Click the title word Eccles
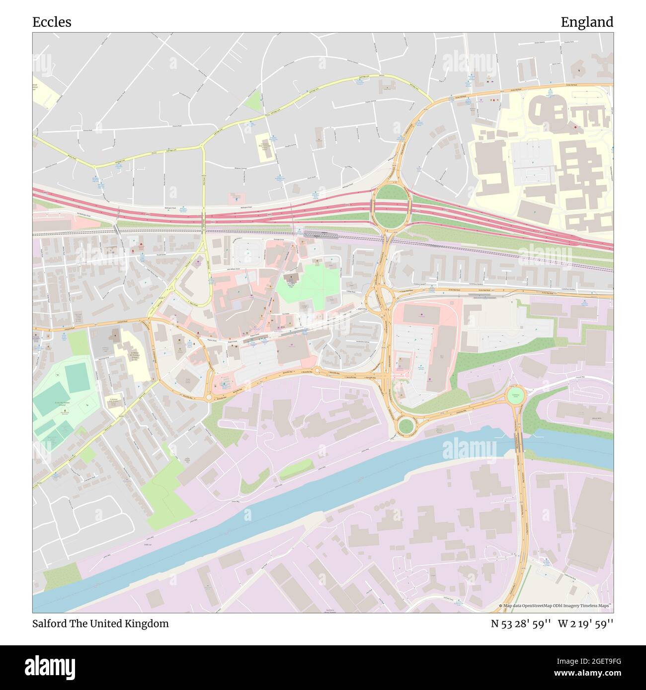pyautogui.click(x=52, y=22)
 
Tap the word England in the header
pyautogui.click(x=587, y=22)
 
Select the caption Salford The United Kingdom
pyautogui.click(x=100, y=623)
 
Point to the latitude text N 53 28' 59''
pyautogui.click(x=521, y=623)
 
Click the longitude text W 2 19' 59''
pyautogui.click(x=585, y=623)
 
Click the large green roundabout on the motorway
pyautogui.click(x=391, y=207)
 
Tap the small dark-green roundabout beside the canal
pyautogui.click(x=406, y=425)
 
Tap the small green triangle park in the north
pyautogui.click(x=254, y=101)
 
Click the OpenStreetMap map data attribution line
pyautogui.click(x=556, y=606)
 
